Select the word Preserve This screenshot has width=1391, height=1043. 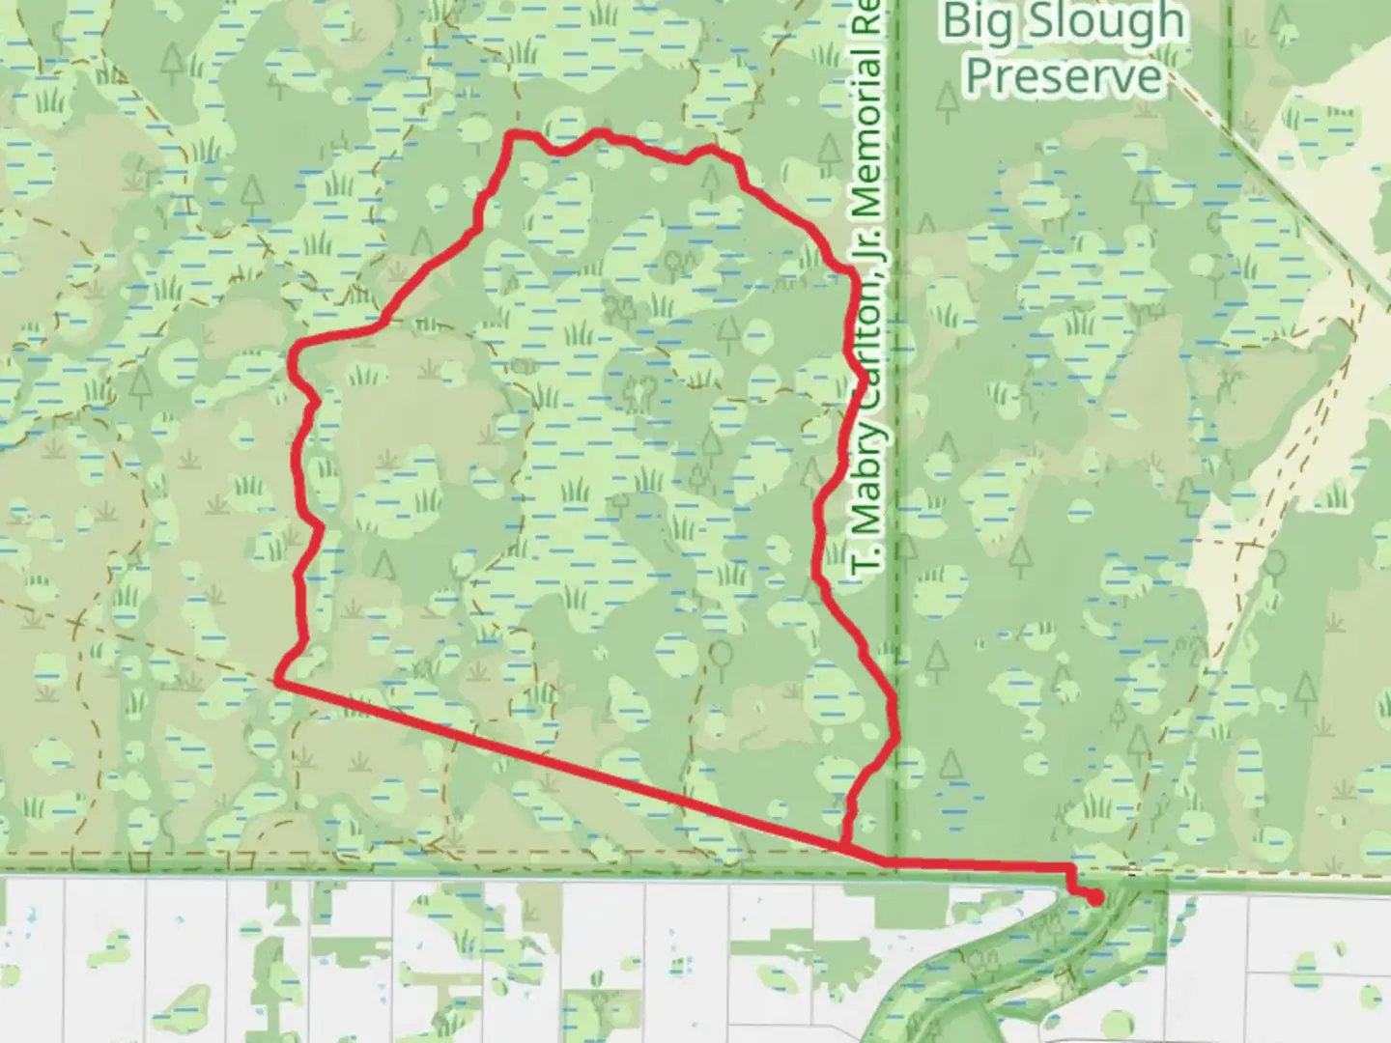point(1064,75)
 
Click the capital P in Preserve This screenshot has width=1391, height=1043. point(982,75)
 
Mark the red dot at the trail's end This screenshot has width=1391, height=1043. point(1095,898)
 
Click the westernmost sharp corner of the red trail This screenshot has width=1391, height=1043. point(279,682)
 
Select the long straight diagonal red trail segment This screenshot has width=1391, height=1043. point(560,763)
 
